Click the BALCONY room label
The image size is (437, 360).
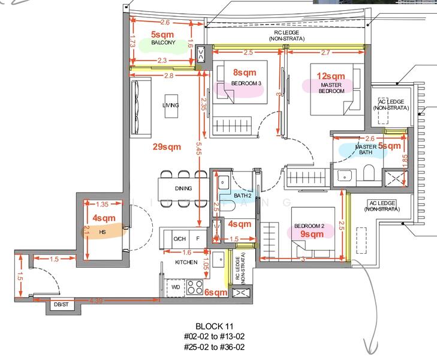[163, 43]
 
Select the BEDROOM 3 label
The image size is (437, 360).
[246, 83]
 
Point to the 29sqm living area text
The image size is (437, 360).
[167, 146]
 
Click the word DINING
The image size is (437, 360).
[183, 188]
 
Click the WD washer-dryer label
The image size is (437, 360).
[176, 287]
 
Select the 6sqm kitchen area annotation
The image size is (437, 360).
[215, 293]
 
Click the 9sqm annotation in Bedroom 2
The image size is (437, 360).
[312, 234]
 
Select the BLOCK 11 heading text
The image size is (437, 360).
[214, 326]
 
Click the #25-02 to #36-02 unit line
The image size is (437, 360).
[214, 347]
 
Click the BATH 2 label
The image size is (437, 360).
[242, 196]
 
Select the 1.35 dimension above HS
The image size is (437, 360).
[103, 205]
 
